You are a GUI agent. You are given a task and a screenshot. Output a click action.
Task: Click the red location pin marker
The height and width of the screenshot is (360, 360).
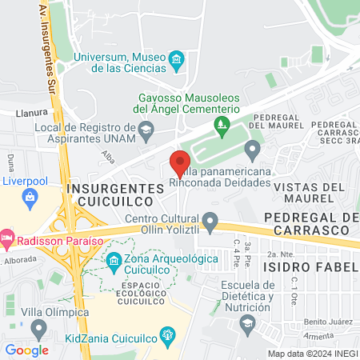click(180, 162)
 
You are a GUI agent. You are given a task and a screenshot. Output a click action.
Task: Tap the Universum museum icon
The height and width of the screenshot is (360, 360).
click(177, 58)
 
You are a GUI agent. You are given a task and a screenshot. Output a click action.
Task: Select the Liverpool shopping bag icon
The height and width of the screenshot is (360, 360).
click(30, 197)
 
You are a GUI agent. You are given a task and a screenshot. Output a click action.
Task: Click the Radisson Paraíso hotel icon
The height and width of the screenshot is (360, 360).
click(7, 238)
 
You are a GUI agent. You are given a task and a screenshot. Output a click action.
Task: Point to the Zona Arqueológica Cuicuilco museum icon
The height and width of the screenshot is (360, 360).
click(114, 261)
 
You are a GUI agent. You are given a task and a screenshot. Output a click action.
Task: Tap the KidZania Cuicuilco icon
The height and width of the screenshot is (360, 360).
click(166, 334)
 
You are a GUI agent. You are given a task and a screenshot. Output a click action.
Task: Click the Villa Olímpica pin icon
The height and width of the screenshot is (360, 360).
click(38, 328)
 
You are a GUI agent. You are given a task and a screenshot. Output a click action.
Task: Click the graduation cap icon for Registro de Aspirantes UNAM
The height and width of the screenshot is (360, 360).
click(146, 128)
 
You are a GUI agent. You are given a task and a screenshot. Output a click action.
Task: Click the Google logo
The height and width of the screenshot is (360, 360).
click(26, 350)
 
